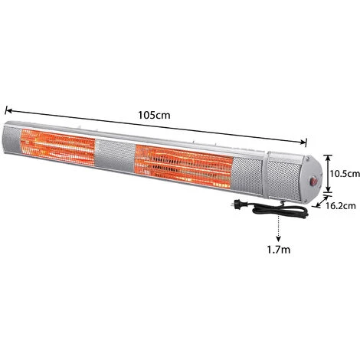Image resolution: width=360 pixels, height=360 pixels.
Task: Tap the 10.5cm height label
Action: point(344,174)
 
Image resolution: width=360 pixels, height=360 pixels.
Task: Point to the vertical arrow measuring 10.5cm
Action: point(326,174)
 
